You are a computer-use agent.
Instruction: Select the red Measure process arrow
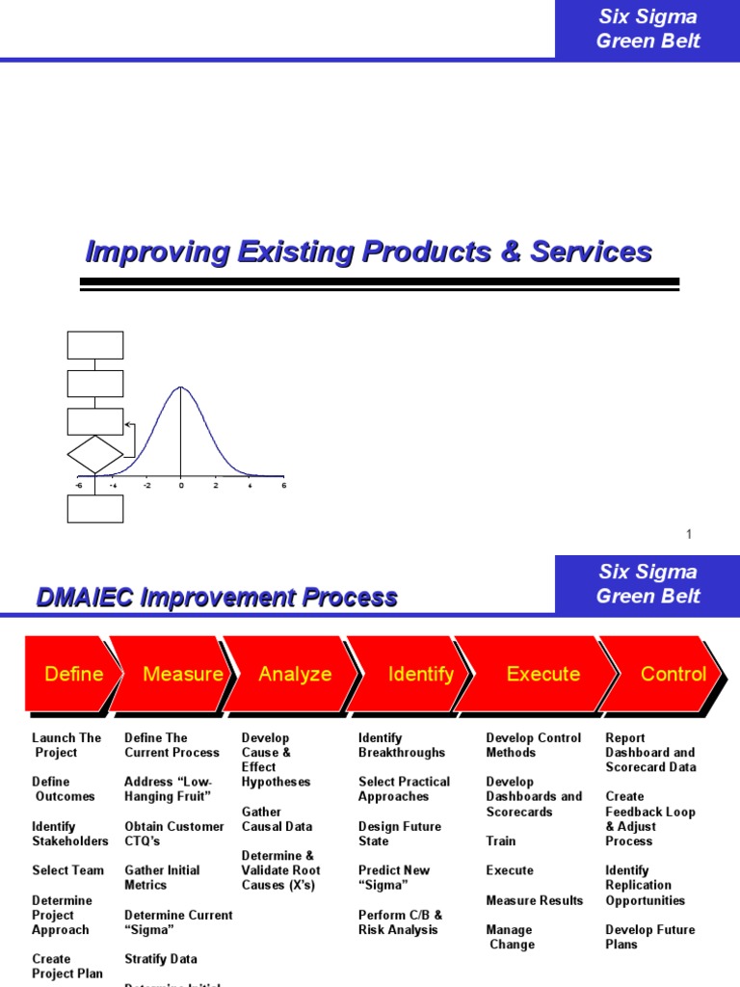(181, 675)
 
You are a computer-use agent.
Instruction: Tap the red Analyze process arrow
(294, 675)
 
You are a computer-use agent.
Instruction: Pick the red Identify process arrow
(420, 675)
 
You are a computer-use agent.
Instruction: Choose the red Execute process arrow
(542, 675)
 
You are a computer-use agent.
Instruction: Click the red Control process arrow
(673, 675)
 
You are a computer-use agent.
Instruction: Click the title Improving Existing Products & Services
(369, 253)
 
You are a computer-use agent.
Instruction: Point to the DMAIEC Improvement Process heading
(217, 598)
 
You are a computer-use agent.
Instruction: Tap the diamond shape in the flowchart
(95, 454)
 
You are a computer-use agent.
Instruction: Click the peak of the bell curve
(181, 387)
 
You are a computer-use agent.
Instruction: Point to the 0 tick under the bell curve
(181, 486)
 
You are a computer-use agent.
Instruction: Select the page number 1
(689, 534)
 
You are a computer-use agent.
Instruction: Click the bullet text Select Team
(67, 870)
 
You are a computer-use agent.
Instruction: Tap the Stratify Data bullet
(160, 959)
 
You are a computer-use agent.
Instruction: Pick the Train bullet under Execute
(500, 840)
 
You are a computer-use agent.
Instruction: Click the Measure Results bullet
(534, 900)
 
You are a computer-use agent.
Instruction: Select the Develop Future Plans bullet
(649, 937)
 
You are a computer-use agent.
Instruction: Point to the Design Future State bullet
(399, 834)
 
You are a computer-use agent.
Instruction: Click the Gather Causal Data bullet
(277, 819)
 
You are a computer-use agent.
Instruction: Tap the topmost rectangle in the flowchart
(95, 345)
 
